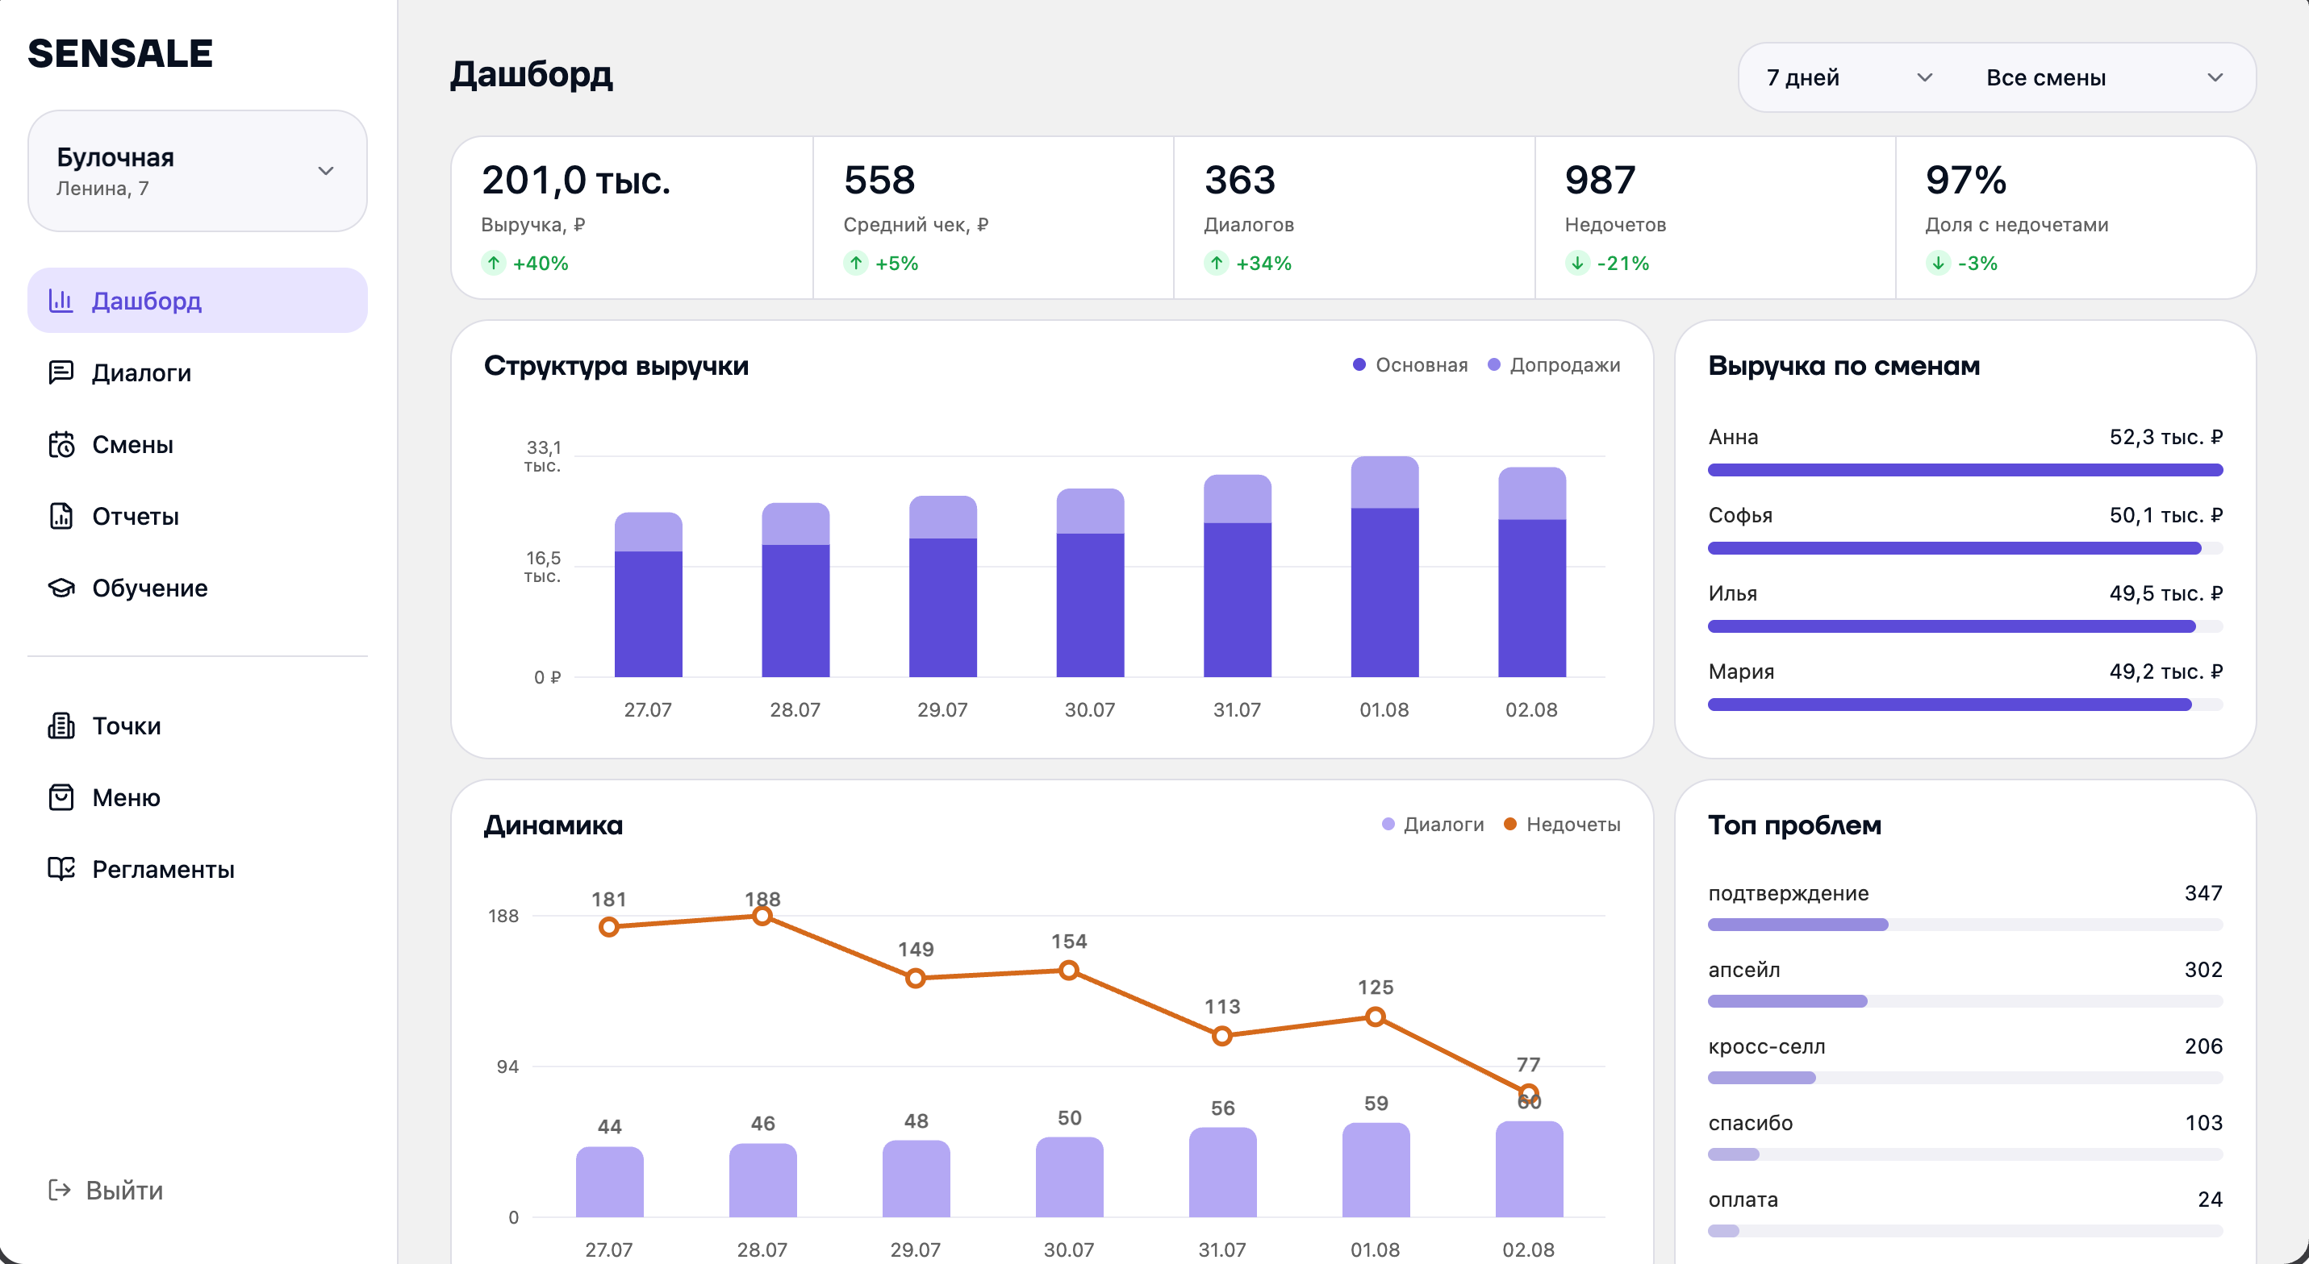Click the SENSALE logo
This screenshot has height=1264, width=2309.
tap(120, 54)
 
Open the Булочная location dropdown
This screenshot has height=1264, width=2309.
tap(197, 171)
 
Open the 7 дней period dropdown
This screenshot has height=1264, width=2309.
tap(1848, 78)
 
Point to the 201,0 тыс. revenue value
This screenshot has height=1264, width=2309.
tap(575, 180)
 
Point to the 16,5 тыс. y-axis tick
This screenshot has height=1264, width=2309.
tap(543, 566)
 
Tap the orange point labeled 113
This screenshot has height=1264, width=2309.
tap(1221, 1037)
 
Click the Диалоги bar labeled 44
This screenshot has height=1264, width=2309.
tap(609, 1181)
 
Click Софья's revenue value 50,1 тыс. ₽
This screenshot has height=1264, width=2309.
tap(2165, 515)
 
